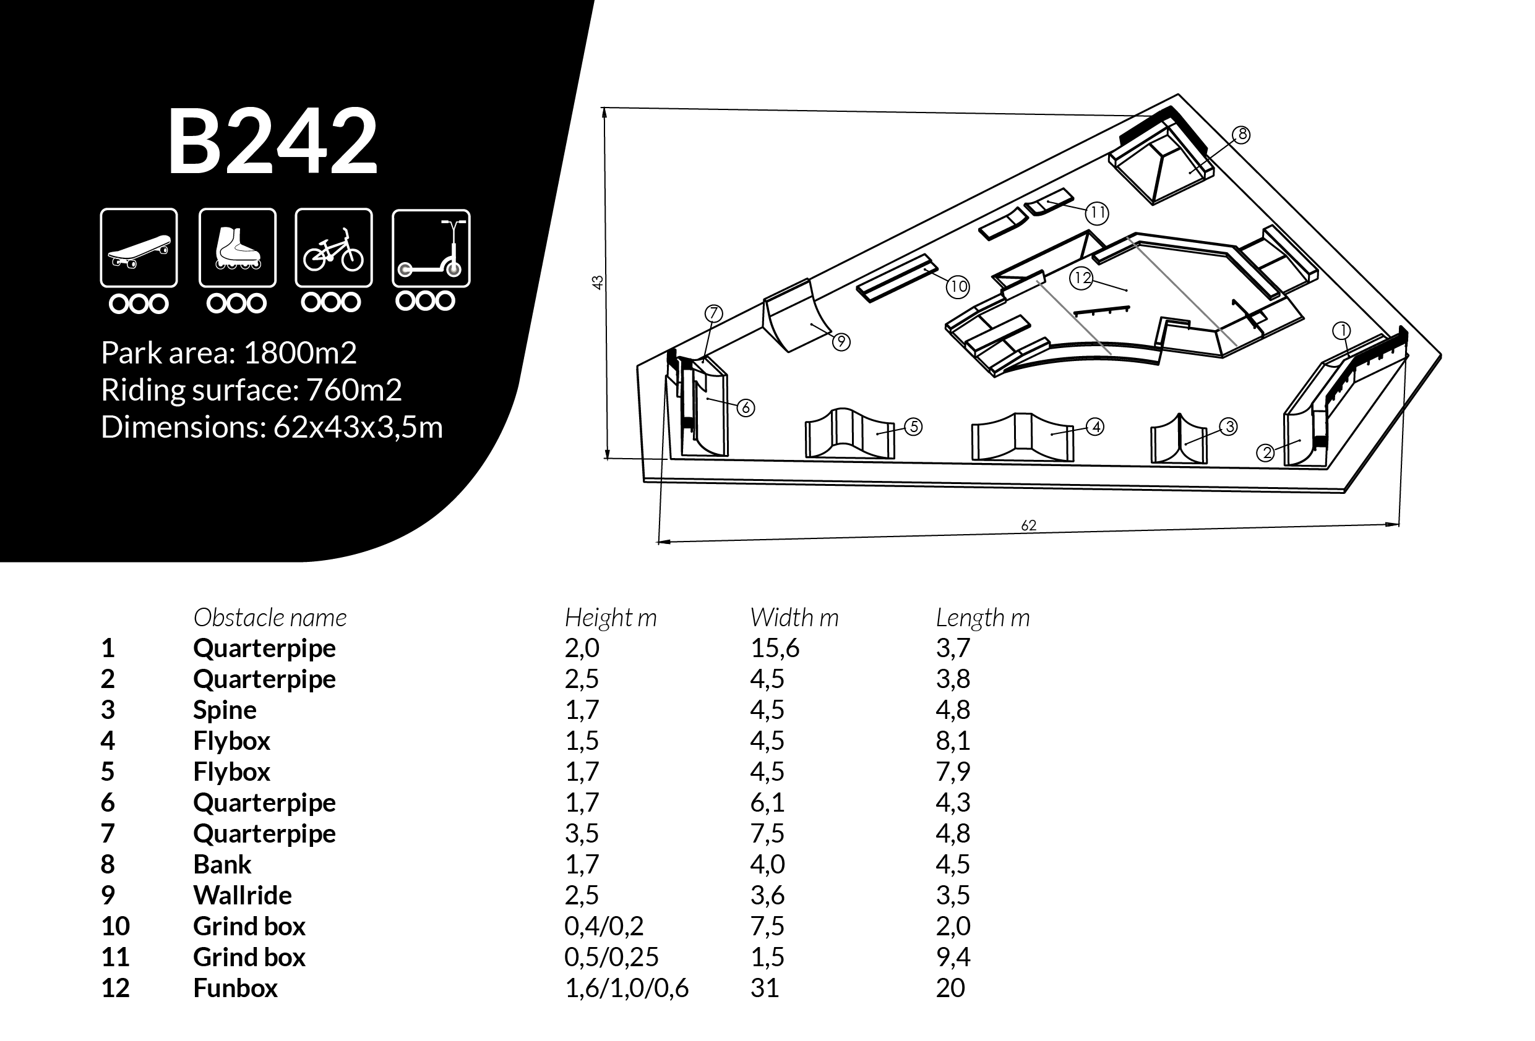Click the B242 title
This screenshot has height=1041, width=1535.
(272, 142)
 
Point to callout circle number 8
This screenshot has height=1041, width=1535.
(1242, 135)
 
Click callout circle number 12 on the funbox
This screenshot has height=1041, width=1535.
(1082, 278)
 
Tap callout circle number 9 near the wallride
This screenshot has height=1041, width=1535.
(841, 342)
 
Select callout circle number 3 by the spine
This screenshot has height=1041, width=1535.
(1229, 427)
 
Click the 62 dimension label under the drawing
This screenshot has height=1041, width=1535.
(1028, 525)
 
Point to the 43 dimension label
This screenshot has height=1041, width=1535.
(597, 282)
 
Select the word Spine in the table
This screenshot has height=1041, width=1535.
(225, 710)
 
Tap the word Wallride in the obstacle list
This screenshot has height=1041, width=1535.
(243, 895)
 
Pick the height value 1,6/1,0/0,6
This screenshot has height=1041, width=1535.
(626, 988)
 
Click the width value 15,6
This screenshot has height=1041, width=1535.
(775, 648)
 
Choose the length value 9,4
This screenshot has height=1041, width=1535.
(952, 956)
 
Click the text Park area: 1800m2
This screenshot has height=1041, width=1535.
(228, 353)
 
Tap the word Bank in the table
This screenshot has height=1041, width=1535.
(222, 864)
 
